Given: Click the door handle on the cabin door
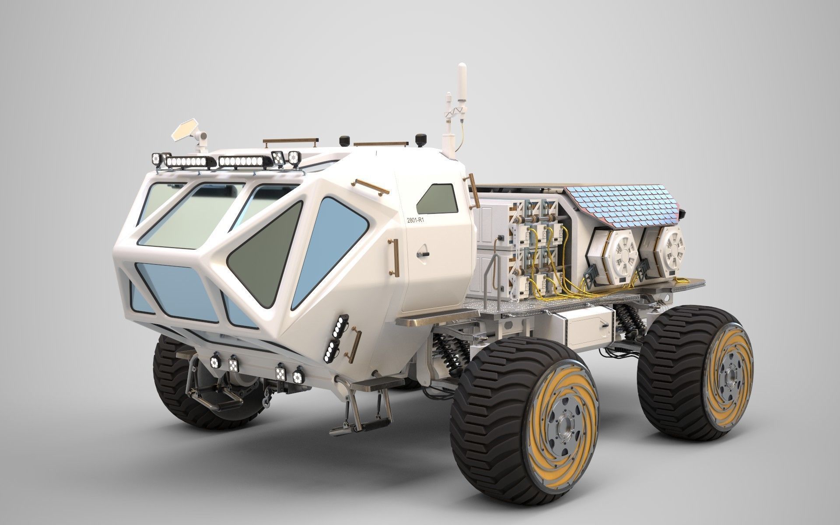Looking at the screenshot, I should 423,254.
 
